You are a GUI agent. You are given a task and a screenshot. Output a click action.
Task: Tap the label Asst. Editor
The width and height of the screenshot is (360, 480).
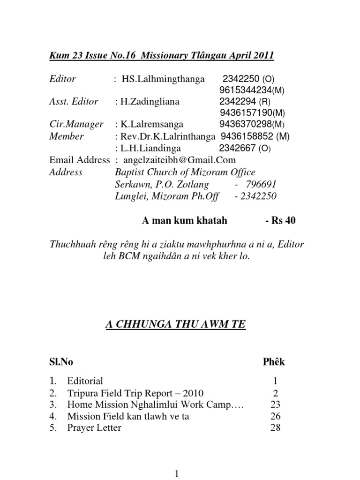(74, 102)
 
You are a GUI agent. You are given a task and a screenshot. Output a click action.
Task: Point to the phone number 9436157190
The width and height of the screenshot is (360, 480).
(247, 113)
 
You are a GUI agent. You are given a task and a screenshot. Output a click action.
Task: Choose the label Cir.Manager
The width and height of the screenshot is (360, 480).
(76, 124)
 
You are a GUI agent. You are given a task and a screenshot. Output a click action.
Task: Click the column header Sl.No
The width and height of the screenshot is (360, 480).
(61, 362)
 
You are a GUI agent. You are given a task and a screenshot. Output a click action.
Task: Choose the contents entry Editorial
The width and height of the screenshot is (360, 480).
(85, 381)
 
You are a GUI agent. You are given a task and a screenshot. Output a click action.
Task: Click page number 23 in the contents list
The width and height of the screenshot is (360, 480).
(275, 405)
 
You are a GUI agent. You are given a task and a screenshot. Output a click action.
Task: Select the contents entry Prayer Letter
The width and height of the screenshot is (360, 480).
(94, 428)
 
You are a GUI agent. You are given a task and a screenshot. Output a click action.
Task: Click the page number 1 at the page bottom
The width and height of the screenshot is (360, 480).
(177, 474)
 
